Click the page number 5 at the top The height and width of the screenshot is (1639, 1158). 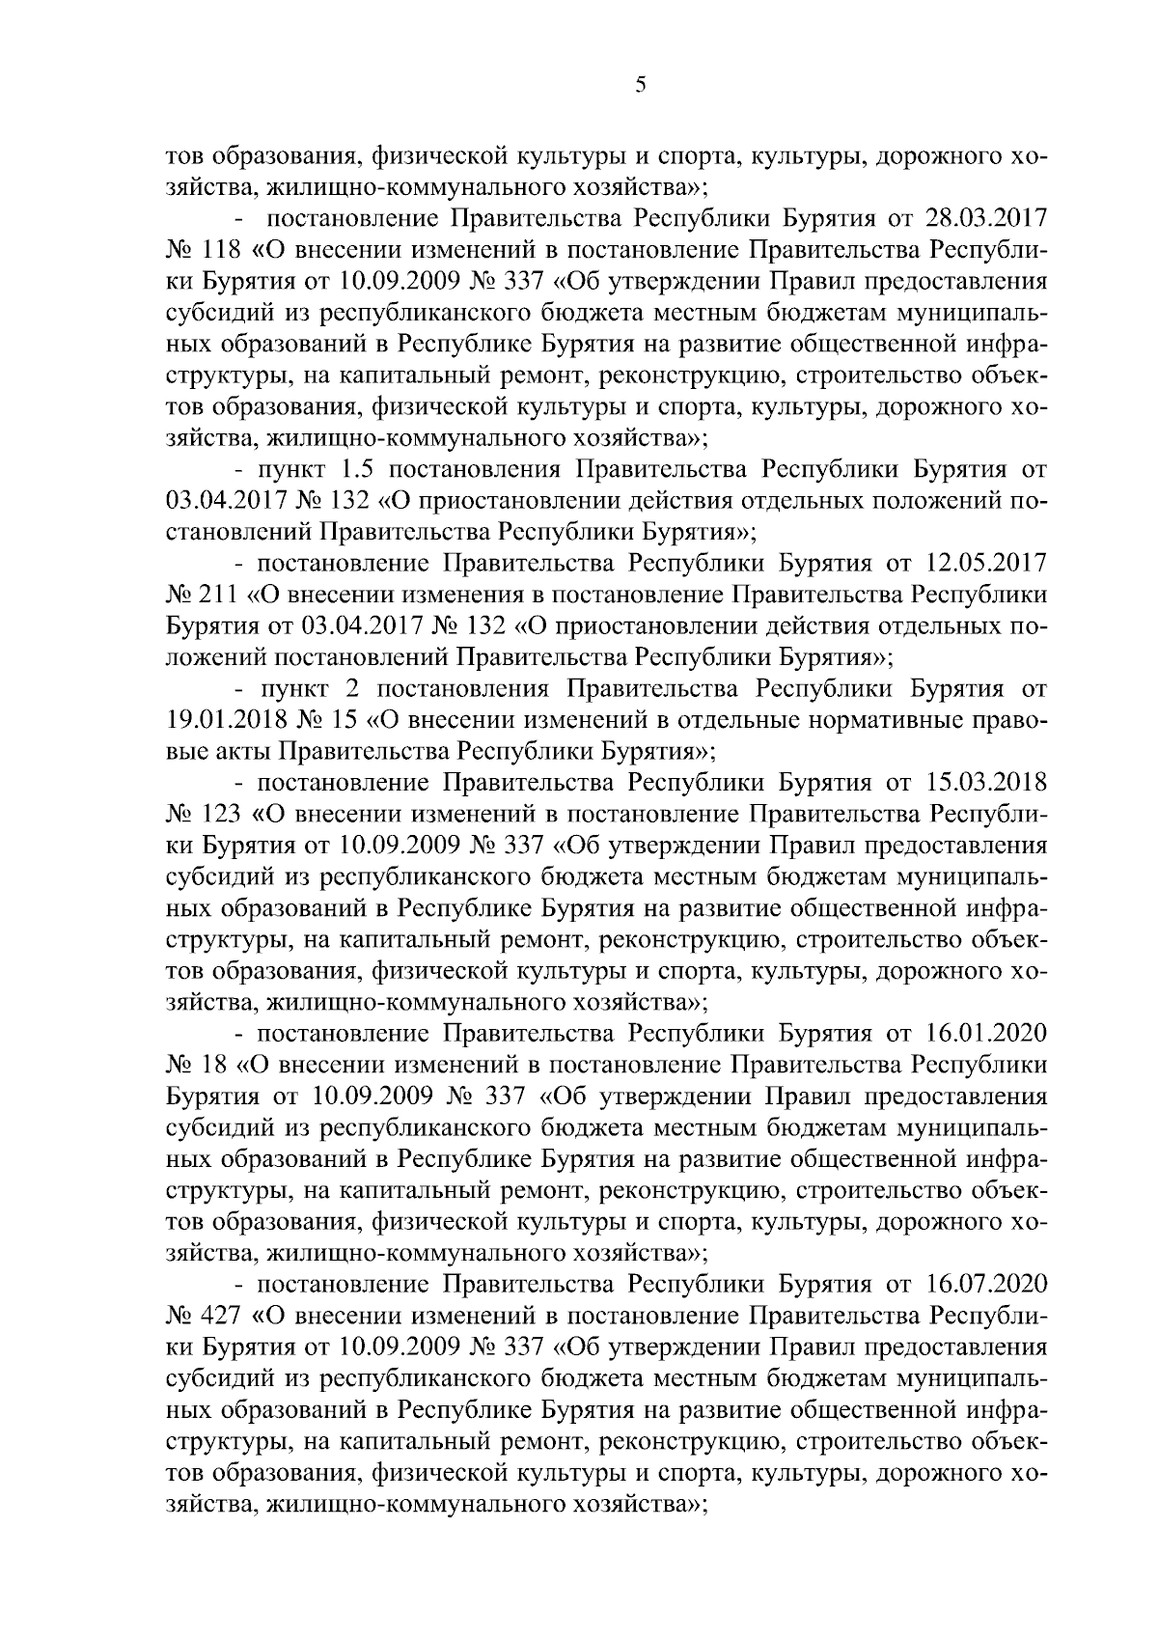641,86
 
